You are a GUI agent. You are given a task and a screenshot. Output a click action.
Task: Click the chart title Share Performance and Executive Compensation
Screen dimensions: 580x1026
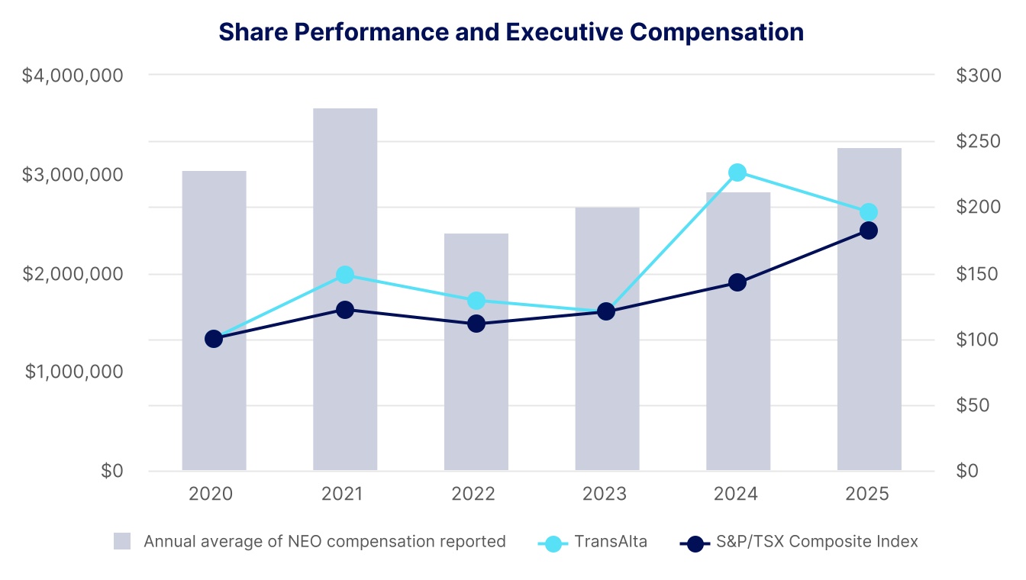click(x=511, y=32)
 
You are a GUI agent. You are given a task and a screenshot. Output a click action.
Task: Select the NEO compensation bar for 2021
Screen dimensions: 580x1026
click(x=345, y=290)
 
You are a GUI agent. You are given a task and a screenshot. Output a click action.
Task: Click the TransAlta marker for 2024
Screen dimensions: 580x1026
click(x=737, y=172)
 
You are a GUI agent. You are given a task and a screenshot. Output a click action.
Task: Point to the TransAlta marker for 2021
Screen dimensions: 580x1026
click(x=345, y=275)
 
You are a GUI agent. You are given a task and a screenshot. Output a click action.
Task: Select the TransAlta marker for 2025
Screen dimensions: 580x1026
click(x=869, y=212)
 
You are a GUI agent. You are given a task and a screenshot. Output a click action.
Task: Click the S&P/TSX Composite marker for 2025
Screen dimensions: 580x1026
click(x=869, y=230)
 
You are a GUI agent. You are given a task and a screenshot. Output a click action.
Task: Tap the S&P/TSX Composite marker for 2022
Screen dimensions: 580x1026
click(x=476, y=324)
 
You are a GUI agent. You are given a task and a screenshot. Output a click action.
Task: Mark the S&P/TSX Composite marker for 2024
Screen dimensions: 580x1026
click(x=737, y=282)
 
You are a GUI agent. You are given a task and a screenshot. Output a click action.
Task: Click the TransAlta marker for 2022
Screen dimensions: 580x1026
click(x=476, y=301)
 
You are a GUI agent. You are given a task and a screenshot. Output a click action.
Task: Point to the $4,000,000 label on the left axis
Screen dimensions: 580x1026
click(x=73, y=76)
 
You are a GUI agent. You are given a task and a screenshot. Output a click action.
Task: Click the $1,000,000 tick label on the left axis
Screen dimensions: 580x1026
click(x=73, y=372)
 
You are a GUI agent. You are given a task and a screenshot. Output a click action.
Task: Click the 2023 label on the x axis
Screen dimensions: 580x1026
click(x=605, y=495)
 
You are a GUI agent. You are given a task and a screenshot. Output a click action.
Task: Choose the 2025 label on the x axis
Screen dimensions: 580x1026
click(x=868, y=495)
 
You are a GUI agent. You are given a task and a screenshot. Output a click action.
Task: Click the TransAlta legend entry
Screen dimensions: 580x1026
click(x=611, y=542)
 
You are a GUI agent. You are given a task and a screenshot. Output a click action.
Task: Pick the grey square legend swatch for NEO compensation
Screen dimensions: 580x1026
click(x=122, y=542)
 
